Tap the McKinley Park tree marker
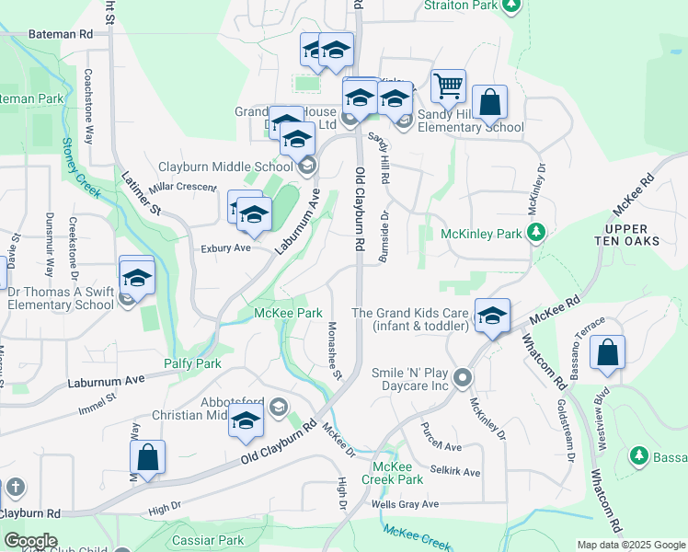tap(536, 233)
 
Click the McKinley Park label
tap(481, 234)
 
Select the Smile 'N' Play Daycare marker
tap(463, 378)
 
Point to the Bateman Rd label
tap(62, 33)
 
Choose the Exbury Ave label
tap(225, 248)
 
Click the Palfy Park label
tap(192, 363)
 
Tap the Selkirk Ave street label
tap(453, 472)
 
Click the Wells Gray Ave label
tap(405, 503)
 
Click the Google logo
tap(30, 541)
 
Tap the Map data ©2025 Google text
tap(630, 545)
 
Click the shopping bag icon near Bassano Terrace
tap(607, 353)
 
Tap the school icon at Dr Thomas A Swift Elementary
tap(136, 276)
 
